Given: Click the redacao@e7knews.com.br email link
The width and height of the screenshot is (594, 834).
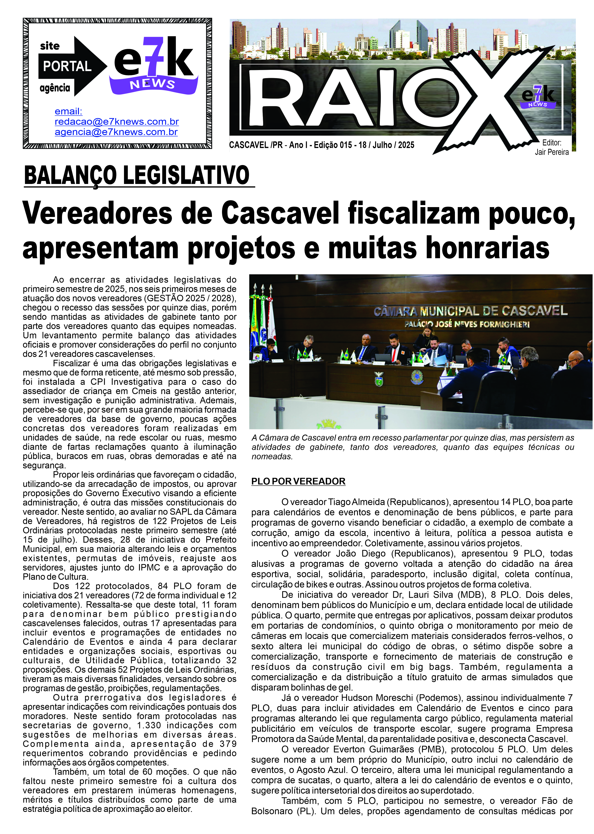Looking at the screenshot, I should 117,122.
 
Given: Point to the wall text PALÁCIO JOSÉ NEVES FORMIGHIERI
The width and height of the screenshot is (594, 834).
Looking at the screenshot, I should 467,324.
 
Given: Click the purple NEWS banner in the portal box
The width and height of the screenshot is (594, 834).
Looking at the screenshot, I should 153,85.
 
